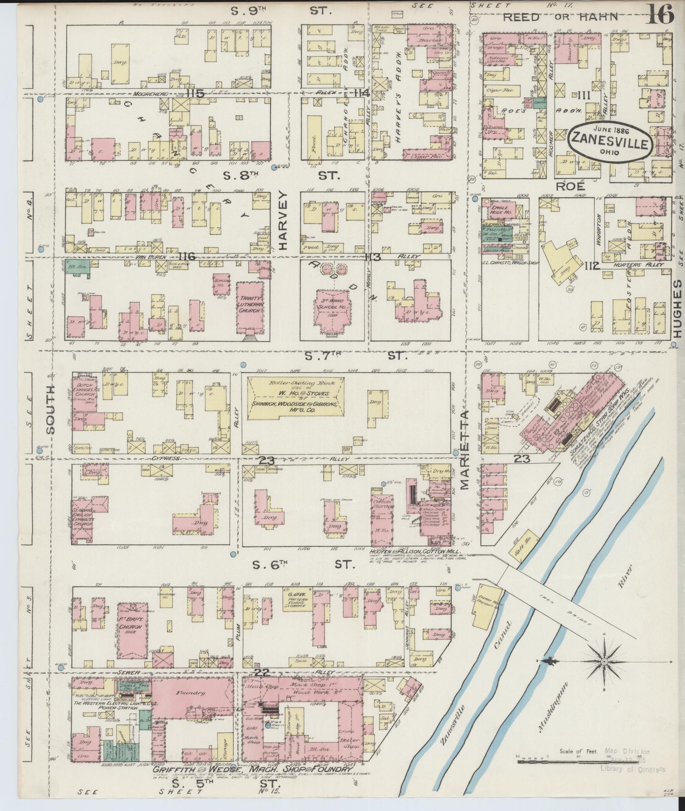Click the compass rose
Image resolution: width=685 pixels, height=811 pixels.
(x=605, y=662)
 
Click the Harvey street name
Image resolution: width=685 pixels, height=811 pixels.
(x=281, y=221)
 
